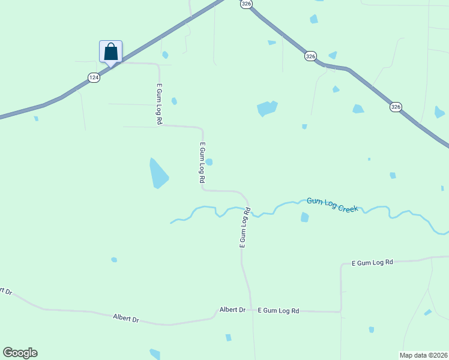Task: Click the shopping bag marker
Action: click(x=110, y=51)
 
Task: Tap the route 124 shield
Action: click(x=94, y=77)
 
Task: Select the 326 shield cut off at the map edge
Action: click(x=246, y=4)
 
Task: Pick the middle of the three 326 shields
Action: click(x=310, y=56)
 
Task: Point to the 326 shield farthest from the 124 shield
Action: click(x=395, y=107)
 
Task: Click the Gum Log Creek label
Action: click(x=332, y=205)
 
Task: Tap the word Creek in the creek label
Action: click(x=348, y=208)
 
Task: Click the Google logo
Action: click(x=20, y=353)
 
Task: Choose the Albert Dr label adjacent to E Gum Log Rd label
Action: click(x=232, y=310)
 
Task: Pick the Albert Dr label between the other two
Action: click(x=126, y=319)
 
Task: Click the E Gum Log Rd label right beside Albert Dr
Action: click(x=278, y=311)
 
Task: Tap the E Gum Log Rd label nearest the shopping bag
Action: click(x=159, y=104)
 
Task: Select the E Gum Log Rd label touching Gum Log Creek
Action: click(x=244, y=228)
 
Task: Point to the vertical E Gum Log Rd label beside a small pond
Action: click(x=202, y=162)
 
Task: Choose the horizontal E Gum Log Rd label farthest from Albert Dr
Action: click(x=372, y=262)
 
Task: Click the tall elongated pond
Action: click(x=158, y=173)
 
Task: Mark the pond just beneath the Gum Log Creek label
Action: click(x=304, y=217)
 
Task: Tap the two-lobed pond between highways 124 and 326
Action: click(x=267, y=109)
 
